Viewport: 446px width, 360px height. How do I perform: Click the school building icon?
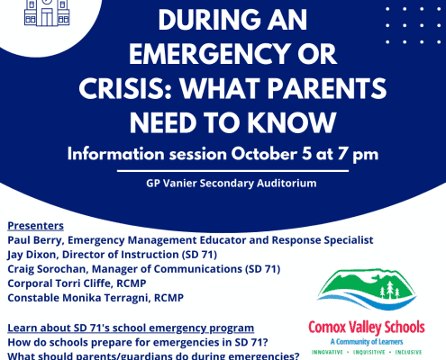(47, 13)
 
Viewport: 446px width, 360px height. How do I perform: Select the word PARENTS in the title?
(327, 89)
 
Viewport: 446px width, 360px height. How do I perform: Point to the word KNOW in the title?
(291, 123)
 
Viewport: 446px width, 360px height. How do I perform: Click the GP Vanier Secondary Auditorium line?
(232, 183)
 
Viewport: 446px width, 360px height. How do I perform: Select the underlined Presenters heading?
(35, 226)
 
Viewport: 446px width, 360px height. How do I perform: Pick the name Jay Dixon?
(32, 255)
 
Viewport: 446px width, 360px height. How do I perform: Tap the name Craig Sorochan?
(47, 269)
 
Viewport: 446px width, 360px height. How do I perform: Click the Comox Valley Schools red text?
(367, 328)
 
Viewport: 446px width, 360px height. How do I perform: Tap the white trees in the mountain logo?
(390, 290)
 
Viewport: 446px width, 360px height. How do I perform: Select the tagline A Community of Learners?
(367, 342)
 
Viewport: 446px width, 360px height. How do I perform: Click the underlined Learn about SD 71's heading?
(131, 328)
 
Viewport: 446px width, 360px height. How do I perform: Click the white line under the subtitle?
(232, 171)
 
